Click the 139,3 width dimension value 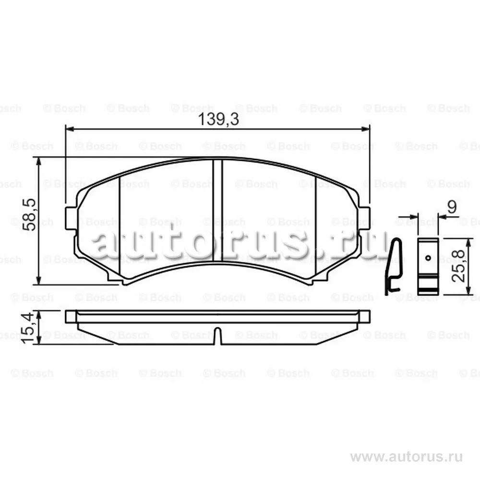(x=218, y=120)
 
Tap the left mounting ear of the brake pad (x=71, y=218)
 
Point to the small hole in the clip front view (x=428, y=258)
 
